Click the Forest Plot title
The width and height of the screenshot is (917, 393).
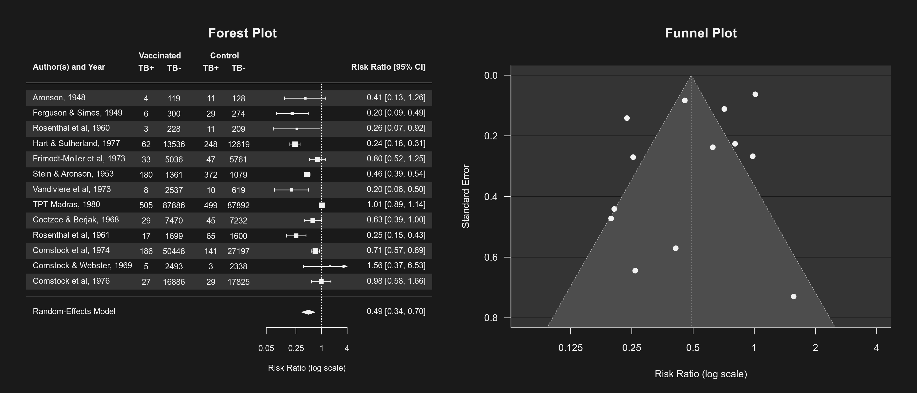[x=242, y=33]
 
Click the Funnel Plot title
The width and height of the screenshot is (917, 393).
[x=701, y=33]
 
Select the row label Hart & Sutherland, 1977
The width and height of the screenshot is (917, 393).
[x=76, y=144]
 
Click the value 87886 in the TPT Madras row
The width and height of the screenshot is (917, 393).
[x=174, y=205]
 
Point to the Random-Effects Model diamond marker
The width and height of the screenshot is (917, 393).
[x=308, y=312]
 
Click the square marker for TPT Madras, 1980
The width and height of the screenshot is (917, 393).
[x=322, y=205]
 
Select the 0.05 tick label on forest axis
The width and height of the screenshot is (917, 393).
[x=266, y=348]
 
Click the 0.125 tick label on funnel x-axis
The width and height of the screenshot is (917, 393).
[x=570, y=348]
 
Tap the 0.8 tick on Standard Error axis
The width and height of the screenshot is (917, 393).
[x=491, y=318]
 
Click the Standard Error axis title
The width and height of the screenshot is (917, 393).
[x=466, y=196]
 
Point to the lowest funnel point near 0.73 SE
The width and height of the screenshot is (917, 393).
[x=794, y=297]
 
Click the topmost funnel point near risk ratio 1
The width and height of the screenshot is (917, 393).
[x=755, y=94]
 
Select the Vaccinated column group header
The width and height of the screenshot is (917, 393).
[x=160, y=56]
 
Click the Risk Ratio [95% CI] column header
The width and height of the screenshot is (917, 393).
[x=388, y=67]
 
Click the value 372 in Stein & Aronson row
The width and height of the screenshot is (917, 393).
[x=211, y=175]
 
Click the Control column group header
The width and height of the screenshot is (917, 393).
[x=224, y=56]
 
